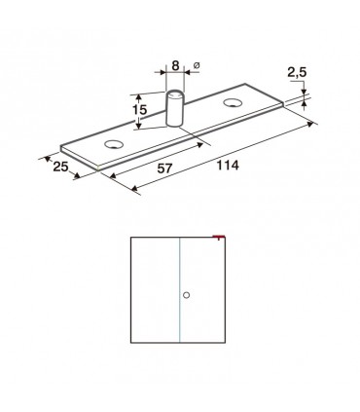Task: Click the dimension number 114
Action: (228, 166)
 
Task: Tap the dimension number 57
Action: (164, 169)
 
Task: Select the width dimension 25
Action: (60, 167)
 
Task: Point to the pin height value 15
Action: (139, 110)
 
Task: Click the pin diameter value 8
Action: (175, 65)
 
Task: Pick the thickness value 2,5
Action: (297, 73)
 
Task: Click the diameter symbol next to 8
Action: (197, 65)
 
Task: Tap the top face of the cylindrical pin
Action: (175, 94)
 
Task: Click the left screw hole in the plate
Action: (114, 144)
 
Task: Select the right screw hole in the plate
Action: (233, 103)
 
